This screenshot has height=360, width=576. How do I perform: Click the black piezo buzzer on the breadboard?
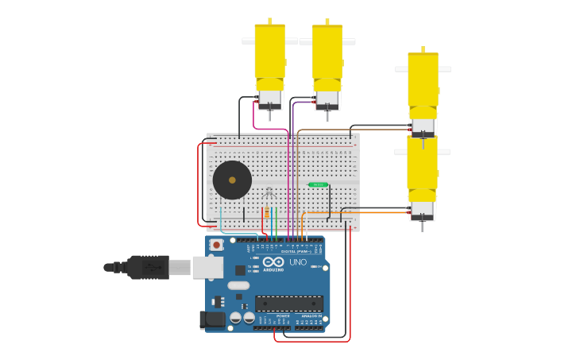click(x=232, y=180)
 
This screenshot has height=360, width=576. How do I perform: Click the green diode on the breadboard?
click(x=318, y=184)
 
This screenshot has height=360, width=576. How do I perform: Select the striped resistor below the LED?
click(x=267, y=213)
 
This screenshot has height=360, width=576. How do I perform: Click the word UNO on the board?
click(x=298, y=262)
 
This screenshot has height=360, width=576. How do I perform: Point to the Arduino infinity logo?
click(x=273, y=261)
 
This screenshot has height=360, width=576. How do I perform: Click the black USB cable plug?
click(x=148, y=267)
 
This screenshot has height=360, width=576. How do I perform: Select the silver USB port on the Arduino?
click(x=207, y=267)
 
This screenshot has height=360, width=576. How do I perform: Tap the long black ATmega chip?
click(x=289, y=304)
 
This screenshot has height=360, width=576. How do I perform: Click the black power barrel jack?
click(x=211, y=319)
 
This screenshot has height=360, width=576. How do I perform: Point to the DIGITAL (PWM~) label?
click(x=294, y=251)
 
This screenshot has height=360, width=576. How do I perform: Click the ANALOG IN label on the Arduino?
click(x=311, y=315)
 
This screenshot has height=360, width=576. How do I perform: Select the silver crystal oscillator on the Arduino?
click(x=238, y=285)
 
